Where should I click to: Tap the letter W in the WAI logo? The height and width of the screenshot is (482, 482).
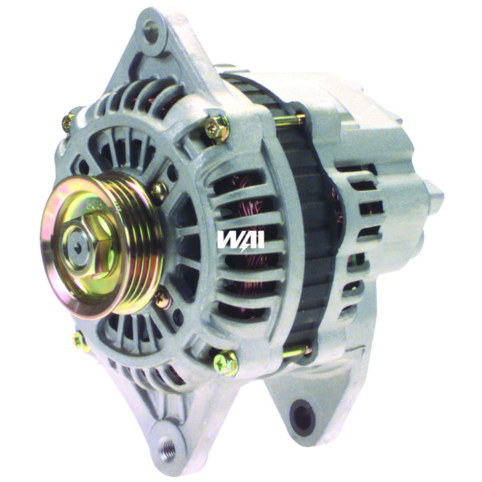tap(228, 238)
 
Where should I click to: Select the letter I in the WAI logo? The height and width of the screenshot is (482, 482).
tap(260, 238)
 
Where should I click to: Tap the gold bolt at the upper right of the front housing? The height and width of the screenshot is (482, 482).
tap(217, 129)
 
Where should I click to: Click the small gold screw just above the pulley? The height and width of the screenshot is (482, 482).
tap(159, 189)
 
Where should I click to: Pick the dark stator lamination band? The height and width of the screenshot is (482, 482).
tap(313, 227)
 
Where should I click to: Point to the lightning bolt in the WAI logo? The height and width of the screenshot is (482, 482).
tap(244, 238)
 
